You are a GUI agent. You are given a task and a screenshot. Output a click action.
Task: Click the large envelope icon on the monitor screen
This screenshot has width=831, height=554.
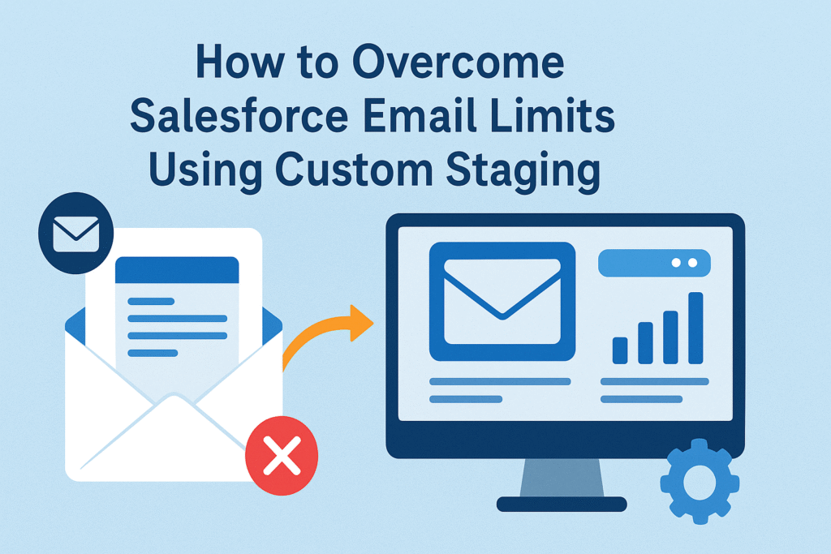(x=502, y=300)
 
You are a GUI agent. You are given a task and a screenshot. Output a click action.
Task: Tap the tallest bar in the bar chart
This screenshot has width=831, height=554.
(x=695, y=328)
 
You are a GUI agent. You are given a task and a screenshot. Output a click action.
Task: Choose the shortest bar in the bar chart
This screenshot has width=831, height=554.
(x=620, y=350)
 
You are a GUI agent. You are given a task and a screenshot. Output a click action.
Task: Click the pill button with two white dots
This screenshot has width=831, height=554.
(x=654, y=263)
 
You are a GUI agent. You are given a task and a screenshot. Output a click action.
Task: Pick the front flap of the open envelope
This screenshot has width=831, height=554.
(x=174, y=438)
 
